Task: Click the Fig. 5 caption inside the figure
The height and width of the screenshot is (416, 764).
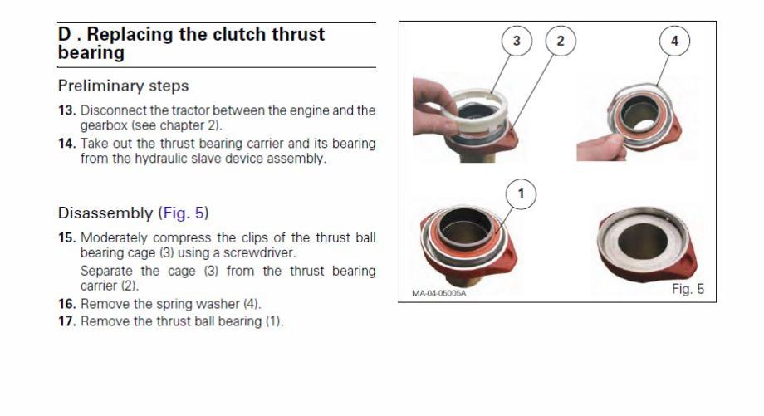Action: coord(688,289)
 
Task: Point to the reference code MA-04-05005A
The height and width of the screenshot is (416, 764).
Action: coord(438,293)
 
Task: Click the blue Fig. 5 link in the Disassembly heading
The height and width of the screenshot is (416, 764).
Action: coord(184,213)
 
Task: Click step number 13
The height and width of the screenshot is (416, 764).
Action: coord(66,110)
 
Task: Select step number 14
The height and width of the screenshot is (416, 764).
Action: coord(66,144)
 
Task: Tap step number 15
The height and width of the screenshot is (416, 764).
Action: coord(66,238)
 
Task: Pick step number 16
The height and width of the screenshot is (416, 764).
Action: coord(66,304)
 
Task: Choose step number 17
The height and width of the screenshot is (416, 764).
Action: coord(66,321)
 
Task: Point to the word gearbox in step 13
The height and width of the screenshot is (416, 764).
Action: coord(103,125)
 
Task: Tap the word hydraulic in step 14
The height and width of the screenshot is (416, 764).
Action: coord(162,159)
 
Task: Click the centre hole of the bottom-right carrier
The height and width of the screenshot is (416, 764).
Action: coord(642,241)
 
